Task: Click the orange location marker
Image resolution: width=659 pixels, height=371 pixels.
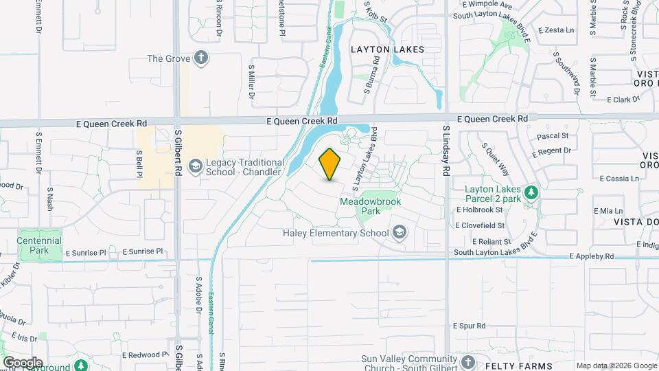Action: (330, 164)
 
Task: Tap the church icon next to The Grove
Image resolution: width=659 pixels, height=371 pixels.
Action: (201, 58)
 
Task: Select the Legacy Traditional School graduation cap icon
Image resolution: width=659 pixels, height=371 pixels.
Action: (196, 166)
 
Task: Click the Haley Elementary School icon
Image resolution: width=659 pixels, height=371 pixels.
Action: (399, 233)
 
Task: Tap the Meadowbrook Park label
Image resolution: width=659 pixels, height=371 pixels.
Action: (370, 206)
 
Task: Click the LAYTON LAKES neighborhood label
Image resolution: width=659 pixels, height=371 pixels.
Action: (387, 49)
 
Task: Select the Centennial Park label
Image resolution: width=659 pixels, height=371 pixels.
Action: (41, 245)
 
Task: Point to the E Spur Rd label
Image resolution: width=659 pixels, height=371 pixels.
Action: (470, 326)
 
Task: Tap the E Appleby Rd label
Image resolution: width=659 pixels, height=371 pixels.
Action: (592, 256)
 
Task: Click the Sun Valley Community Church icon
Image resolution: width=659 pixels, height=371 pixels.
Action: (467, 362)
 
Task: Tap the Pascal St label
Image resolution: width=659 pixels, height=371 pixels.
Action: (554, 136)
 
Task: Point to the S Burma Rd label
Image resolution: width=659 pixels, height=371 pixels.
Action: (376, 70)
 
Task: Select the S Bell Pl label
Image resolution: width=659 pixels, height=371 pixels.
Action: (138, 163)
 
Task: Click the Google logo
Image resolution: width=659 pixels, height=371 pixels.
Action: (22, 362)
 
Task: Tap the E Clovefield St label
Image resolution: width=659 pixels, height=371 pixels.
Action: (480, 225)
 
